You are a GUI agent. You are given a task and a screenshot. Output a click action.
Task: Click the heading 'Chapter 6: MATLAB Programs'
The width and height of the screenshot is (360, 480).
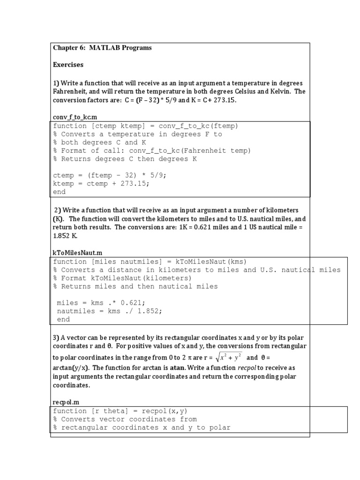tap(102, 48)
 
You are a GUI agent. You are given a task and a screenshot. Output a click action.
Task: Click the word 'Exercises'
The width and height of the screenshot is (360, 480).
tap(68, 64)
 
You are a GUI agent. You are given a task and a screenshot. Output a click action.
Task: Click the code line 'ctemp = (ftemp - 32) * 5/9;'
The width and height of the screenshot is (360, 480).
tap(110, 175)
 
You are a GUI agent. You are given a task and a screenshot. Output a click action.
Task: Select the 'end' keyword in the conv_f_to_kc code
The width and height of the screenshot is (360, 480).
tap(60, 192)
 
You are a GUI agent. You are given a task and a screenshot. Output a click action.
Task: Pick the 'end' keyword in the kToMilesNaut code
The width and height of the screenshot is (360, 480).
tap(63, 319)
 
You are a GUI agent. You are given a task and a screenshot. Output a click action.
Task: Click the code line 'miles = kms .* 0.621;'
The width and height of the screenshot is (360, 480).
tap(101, 303)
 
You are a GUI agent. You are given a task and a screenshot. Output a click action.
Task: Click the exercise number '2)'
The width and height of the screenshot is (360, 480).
tap(58, 210)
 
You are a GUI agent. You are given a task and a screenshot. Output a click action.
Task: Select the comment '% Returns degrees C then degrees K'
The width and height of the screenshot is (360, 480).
tap(125, 159)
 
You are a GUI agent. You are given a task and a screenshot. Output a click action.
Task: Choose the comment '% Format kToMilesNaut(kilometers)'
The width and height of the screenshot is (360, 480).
tap(122, 278)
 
